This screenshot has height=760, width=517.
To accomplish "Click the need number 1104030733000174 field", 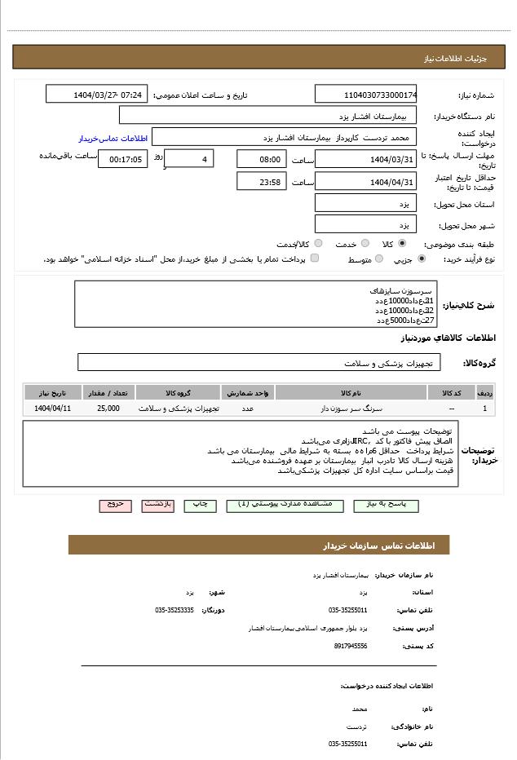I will tap(365, 95).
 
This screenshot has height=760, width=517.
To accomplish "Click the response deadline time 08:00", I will tap(262, 160).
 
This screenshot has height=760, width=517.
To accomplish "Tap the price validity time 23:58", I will tap(262, 182).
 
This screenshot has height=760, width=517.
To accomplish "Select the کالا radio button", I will tap(402, 243).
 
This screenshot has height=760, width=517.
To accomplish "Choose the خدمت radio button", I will tap(365, 243).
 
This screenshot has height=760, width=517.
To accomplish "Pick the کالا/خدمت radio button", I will tap(318, 243).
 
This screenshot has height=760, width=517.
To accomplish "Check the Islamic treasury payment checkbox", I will tap(315, 258).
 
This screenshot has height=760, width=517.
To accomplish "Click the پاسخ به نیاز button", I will tap(386, 506).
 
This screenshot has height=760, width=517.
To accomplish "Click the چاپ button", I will tap(200, 506).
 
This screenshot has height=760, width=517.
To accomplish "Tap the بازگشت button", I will tap(157, 506).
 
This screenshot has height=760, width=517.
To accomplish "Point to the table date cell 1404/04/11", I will tap(53, 408).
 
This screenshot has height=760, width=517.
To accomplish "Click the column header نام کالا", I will tap(351, 393).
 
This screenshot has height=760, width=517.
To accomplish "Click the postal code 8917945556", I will tap(351, 646).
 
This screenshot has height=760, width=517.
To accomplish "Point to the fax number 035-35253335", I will tap(175, 610).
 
